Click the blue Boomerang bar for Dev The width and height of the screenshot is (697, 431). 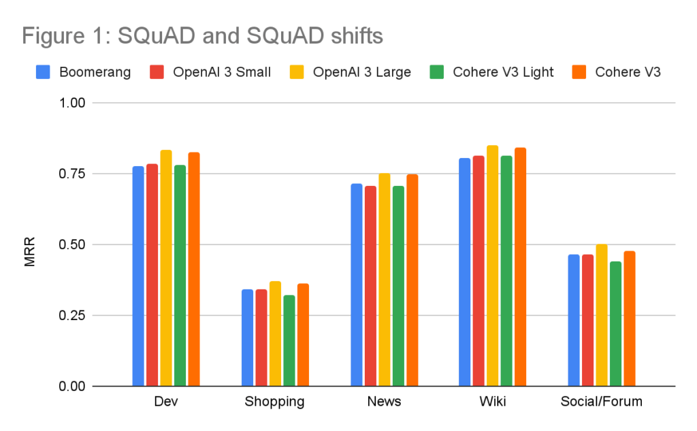pyautogui.click(x=138, y=276)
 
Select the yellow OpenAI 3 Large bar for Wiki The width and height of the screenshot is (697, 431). pyautogui.click(x=493, y=266)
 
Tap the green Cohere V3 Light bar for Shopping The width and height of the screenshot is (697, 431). pyautogui.click(x=289, y=340)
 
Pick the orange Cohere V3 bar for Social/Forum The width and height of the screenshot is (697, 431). pyautogui.click(x=630, y=319)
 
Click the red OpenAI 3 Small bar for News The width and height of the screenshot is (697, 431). pyautogui.click(x=370, y=286)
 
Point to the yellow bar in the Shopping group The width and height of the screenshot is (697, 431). pyautogui.click(x=275, y=334)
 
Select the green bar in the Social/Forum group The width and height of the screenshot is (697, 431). pyautogui.click(x=615, y=323)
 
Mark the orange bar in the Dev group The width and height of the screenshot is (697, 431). pyautogui.click(x=194, y=269)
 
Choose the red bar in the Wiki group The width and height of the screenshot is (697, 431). pyautogui.click(x=479, y=271)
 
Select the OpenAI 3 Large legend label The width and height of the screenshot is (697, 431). pyautogui.click(x=361, y=72)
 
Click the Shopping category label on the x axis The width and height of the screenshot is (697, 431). pyautogui.click(x=274, y=402)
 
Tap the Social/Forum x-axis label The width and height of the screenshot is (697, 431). pyautogui.click(x=601, y=402)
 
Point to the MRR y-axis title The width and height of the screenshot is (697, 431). pyautogui.click(x=29, y=251)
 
